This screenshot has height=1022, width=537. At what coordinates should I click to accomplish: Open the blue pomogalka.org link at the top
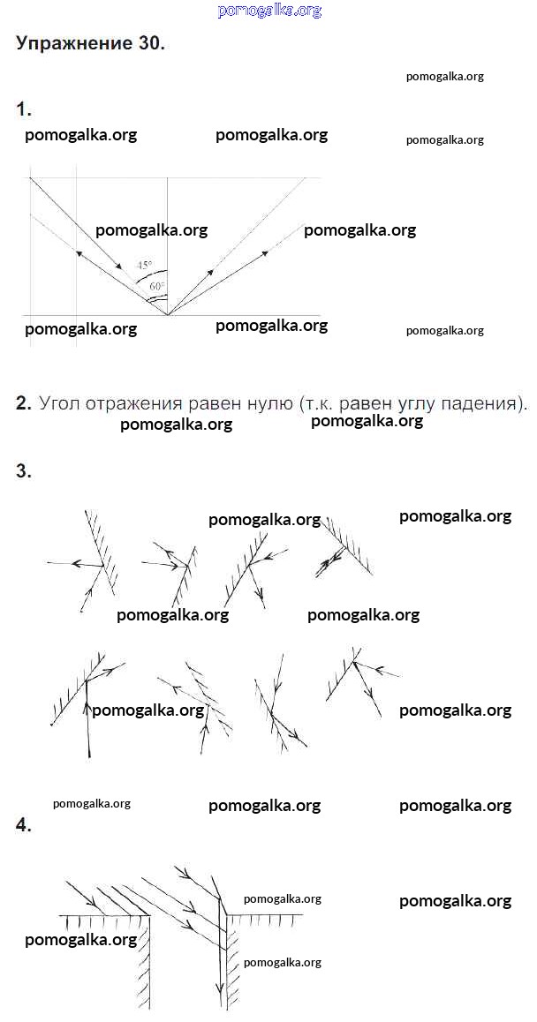(x=269, y=11)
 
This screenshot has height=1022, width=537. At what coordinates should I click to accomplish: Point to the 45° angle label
(x=144, y=265)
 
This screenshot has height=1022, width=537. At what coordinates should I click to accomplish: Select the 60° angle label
(x=157, y=285)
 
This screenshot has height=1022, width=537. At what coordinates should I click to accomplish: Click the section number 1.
(x=24, y=109)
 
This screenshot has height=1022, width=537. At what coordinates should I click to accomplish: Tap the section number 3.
(x=24, y=472)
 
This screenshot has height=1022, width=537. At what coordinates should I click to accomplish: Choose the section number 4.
(x=24, y=825)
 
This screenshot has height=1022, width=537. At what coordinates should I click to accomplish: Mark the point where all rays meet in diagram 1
(x=168, y=315)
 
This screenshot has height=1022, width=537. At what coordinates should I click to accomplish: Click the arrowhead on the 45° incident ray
(x=118, y=266)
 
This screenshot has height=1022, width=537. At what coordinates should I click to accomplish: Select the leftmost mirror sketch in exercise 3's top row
(x=83, y=561)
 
